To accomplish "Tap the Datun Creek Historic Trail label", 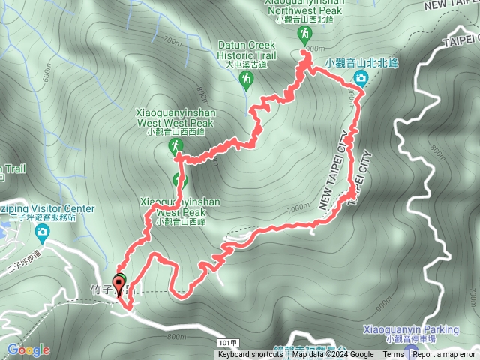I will pos(247,49).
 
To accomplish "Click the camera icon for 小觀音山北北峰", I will pos(361,77).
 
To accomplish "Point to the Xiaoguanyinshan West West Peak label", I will pos(175,116).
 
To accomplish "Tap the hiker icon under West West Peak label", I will pos(175,145).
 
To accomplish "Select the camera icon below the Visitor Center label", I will pos(43,232).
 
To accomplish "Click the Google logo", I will pos(28,349).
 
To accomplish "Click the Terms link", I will pos(393,355).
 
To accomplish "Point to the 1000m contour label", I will pos(298,208).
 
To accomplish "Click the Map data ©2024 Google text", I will pos(332,355).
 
